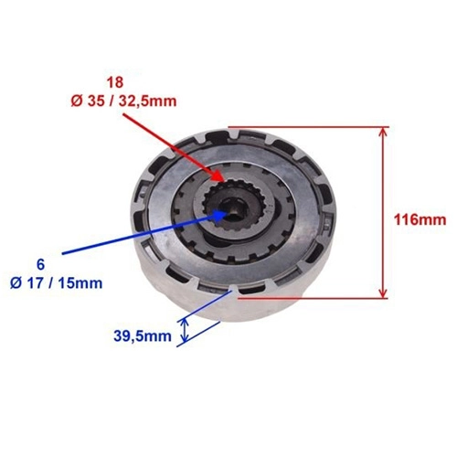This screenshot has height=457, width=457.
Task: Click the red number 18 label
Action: (115, 82)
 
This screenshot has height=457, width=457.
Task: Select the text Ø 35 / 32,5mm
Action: (123, 101)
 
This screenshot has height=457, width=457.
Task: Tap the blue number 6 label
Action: (40, 265)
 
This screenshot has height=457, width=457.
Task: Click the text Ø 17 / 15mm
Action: (56, 283)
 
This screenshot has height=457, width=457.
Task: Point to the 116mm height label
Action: (420, 219)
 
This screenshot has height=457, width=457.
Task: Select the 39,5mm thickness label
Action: (143, 336)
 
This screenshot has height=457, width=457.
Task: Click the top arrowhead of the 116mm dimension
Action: (384, 128)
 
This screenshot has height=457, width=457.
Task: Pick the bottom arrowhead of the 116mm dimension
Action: (384, 297)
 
